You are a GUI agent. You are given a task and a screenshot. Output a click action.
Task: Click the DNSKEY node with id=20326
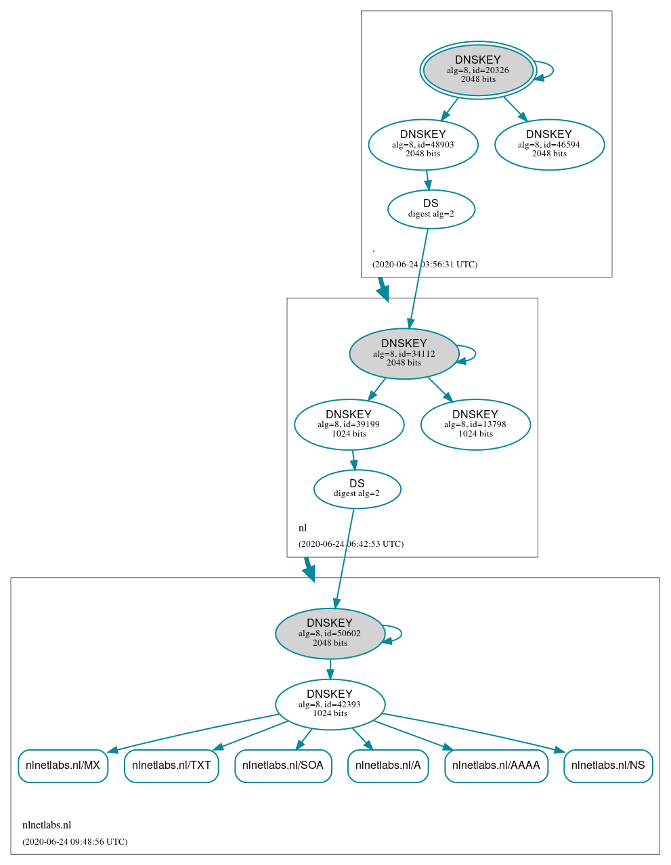[x=478, y=70]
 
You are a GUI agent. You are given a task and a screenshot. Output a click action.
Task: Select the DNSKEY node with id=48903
[x=423, y=144]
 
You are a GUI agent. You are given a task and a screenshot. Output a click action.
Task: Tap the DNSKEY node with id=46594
[x=549, y=144]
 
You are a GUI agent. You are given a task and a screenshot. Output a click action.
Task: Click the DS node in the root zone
[x=431, y=209]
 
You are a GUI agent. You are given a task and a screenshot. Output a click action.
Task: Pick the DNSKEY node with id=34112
[x=404, y=353]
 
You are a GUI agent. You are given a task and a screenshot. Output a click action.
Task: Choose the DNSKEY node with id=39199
[x=349, y=424]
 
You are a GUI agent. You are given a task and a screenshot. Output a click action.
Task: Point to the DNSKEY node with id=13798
[x=475, y=424]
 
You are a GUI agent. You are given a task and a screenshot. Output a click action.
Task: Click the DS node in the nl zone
[x=357, y=489]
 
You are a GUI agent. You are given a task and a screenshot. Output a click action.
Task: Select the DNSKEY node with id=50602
[x=330, y=634]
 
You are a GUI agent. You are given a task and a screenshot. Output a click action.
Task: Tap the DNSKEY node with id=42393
[x=330, y=704]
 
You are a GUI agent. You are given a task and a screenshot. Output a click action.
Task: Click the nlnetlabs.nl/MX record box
[x=63, y=766]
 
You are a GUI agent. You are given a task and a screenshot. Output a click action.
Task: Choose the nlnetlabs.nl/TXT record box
[x=171, y=766]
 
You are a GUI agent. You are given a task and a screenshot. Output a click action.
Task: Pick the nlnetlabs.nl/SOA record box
[x=283, y=766]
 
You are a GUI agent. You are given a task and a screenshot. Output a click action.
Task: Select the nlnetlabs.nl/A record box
[x=388, y=766]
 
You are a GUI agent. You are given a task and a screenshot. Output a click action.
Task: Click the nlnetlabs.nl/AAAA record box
[x=496, y=766]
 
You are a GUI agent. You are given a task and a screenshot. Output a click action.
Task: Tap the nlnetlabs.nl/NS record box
[x=608, y=766]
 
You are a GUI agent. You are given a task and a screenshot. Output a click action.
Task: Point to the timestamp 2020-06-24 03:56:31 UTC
[x=425, y=265]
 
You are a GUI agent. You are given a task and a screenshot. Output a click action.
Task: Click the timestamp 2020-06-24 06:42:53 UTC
[x=351, y=544]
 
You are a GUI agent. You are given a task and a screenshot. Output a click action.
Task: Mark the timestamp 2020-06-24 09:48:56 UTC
[x=74, y=842]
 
